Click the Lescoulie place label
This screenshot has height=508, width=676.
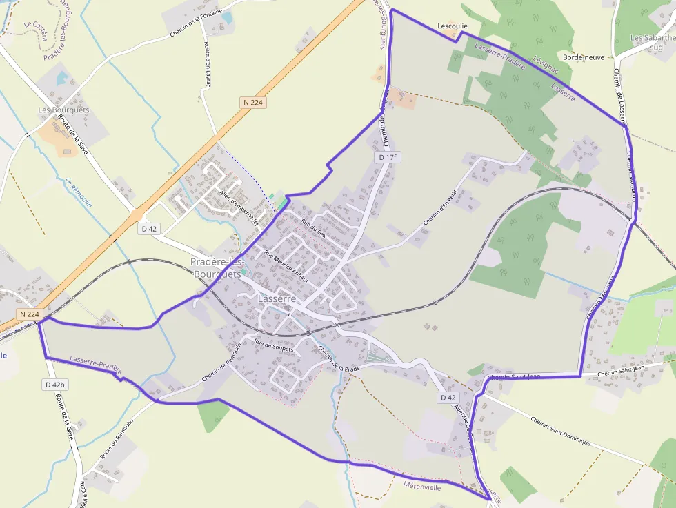point(453,26)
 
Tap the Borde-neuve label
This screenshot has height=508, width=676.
point(584,57)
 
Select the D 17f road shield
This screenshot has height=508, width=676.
point(388,157)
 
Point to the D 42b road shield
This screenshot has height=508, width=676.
point(54,384)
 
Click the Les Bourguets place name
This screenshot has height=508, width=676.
point(64,110)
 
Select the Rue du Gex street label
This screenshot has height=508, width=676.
point(314,227)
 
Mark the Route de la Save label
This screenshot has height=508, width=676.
point(73,134)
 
